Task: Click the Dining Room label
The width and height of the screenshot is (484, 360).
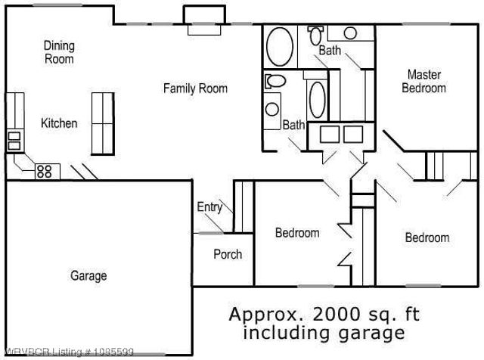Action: click(58, 52)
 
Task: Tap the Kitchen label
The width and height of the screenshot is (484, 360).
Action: click(58, 123)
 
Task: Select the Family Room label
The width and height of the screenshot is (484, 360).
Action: click(195, 88)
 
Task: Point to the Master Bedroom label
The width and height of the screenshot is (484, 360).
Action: click(423, 81)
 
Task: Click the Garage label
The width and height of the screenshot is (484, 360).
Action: click(88, 276)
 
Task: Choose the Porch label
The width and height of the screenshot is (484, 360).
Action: click(227, 254)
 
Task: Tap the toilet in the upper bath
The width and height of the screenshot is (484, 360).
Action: click(315, 34)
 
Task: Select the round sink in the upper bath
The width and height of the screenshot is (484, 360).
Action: click(350, 33)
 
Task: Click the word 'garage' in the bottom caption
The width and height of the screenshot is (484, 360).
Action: click(371, 332)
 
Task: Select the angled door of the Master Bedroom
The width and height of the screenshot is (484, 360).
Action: click(392, 141)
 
